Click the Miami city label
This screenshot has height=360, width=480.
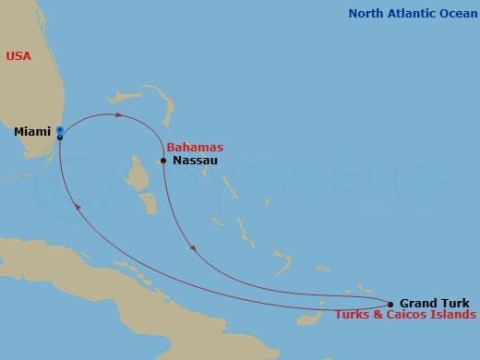[x=32, y=132]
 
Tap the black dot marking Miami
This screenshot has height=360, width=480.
[x=60, y=138]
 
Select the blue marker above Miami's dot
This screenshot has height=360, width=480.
[x=60, y=130]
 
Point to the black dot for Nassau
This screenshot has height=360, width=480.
[x=163, y=161]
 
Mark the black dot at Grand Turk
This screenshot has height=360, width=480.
[x=390, y=304]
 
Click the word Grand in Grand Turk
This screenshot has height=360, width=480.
[x=417, y=303]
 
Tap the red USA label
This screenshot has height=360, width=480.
[x=18, y=56]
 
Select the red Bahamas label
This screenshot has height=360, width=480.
[x=195, y=148]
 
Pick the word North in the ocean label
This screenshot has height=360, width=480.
[x=366, y=13]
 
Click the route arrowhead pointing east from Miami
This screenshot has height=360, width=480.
[x=119, y=114]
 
